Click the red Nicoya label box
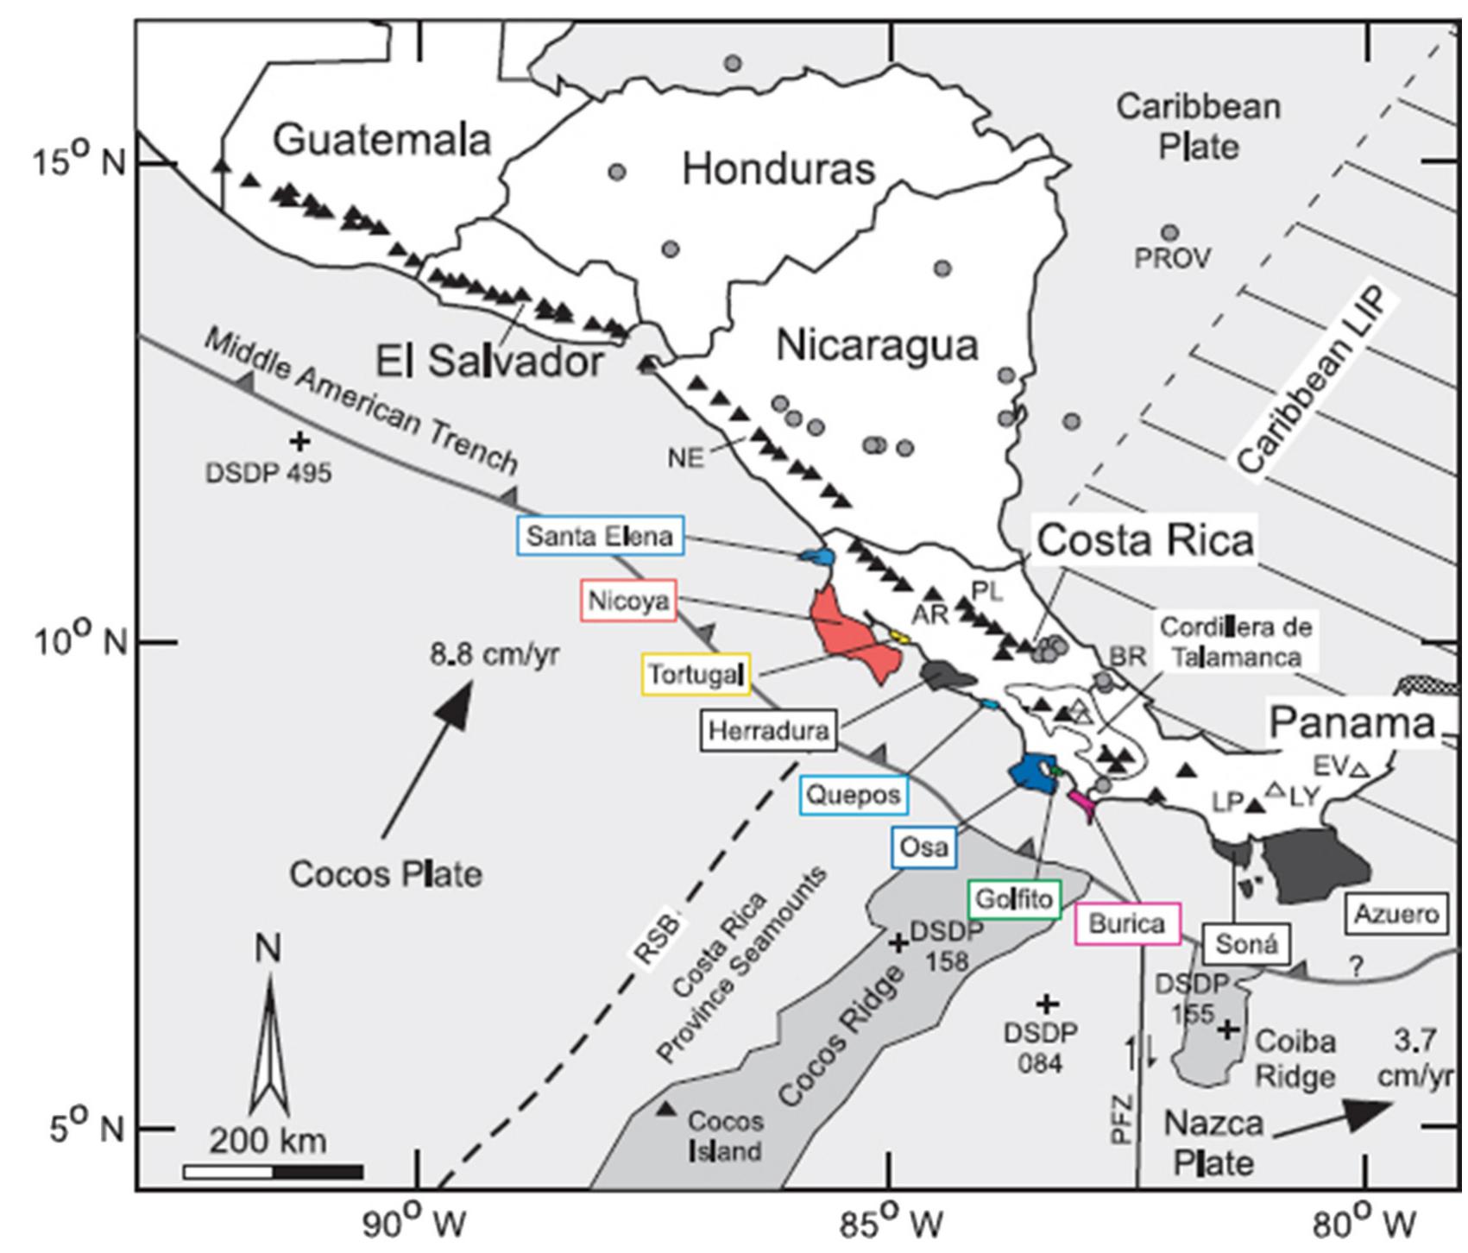pyautogui.click(x=627, y=601)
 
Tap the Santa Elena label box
pyautogui.click(x=600, y=536)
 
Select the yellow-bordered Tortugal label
pyautogui.click(x=696, y=674)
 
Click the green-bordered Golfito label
pyautogui.click(x=1014, y=900)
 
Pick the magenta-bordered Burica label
pyautogui.click(x=1126, y=924)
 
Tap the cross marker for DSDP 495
pyautogui.click(x=299, y=442)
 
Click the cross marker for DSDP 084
pyautogui.click(x=1046, y=1004)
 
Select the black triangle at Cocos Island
pyautogui.click(x=665, y=1109)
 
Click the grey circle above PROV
pyautogui.click(x=1170, y=233)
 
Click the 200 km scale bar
pyautogui.click(x=273, y=1172)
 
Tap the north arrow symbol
pyautogui.click(x=269, y=1044)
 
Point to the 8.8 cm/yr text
pyautogui.click(x=495, y=655)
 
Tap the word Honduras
pyautogui.click(x=778, y=169)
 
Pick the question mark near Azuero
pyautogui.click(x=1358, y=967)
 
